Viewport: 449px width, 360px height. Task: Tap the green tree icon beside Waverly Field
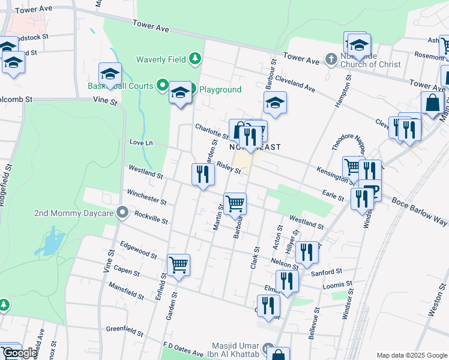(x=194, y=59)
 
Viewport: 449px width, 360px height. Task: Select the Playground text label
(x=220, y=89)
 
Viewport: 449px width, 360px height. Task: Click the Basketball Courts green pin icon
(x=161, y=85)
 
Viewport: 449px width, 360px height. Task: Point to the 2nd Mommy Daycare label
(x=74, y=213)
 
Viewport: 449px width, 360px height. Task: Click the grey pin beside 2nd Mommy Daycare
(x=123, y=213)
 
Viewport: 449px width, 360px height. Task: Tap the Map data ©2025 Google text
(x=412, y=355)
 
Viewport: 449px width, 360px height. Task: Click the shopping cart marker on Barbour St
(x=235, y=203)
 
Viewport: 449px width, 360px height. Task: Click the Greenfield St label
(x=125, y=331)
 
